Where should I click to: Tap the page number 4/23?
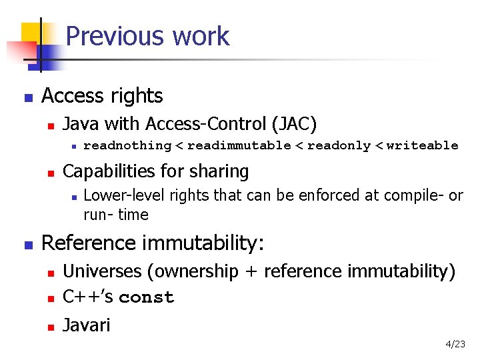pyautogui.click(x=456, y=344)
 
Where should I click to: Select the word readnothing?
pyautogui.click(x=127, y=145)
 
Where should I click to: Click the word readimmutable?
pyautogui.click(x=239, y=145)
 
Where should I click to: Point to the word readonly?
pyautogui.click(x=339, y=145)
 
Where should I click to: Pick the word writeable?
pyautogui.click(x=423, y=145)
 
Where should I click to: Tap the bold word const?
pyautogui.click(x=146, y=297)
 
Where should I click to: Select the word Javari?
pyautogui.click(x=87, y=325)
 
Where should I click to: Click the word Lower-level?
pyautogui.click(x=125, y=195)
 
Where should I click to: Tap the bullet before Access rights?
pyautogui.click(x=27, y=97)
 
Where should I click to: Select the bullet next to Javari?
pyautogui.click(x=49, y=327)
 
